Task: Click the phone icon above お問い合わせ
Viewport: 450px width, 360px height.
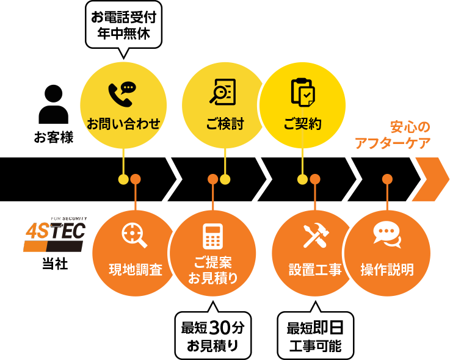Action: (122, 95)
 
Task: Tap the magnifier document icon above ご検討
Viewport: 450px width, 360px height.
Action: (223, 92)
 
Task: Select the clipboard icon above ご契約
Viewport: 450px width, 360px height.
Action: (303, 92)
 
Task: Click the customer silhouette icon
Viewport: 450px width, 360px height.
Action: (54, 104)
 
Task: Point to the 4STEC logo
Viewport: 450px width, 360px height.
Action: (55, 234)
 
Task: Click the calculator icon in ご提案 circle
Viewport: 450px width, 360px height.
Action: (212, 236)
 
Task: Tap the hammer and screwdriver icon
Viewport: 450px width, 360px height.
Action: (316, 235)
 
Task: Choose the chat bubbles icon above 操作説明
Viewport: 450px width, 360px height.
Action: (387, 234)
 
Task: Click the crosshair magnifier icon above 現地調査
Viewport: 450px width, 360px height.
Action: (134, 236)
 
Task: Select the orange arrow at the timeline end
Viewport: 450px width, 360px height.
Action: (430, 179)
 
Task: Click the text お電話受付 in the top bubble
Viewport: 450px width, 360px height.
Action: (124, 18)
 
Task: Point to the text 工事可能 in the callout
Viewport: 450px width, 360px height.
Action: (316, 345)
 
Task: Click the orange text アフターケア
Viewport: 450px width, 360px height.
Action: (393, 143)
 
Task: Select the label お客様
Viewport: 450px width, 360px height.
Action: (54, 137)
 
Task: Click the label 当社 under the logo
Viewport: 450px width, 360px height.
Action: (55, 264)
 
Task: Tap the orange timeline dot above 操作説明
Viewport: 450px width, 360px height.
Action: (387, 179)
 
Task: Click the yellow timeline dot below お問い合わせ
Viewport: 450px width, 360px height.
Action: (123, 179)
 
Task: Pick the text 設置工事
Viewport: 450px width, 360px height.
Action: (315, 270)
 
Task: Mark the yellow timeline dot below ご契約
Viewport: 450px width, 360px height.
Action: (302, 179)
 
